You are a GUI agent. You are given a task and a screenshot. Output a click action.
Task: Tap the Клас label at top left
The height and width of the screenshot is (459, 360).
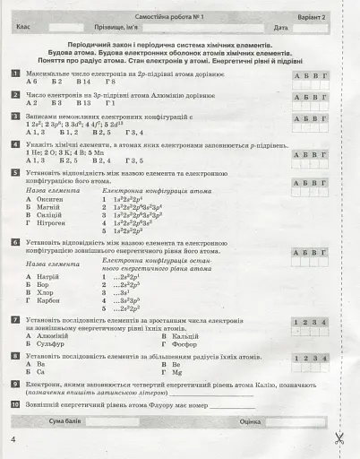24,28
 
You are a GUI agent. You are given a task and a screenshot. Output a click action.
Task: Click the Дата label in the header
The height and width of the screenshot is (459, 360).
281,28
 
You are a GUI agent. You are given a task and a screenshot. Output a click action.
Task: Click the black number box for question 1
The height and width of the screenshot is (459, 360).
16,71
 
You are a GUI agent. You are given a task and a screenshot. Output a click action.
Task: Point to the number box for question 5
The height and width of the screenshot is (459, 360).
16,171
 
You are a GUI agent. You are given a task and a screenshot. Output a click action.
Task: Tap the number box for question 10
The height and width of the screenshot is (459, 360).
16,404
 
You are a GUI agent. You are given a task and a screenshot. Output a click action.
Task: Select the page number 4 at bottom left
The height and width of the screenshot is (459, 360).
13,439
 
